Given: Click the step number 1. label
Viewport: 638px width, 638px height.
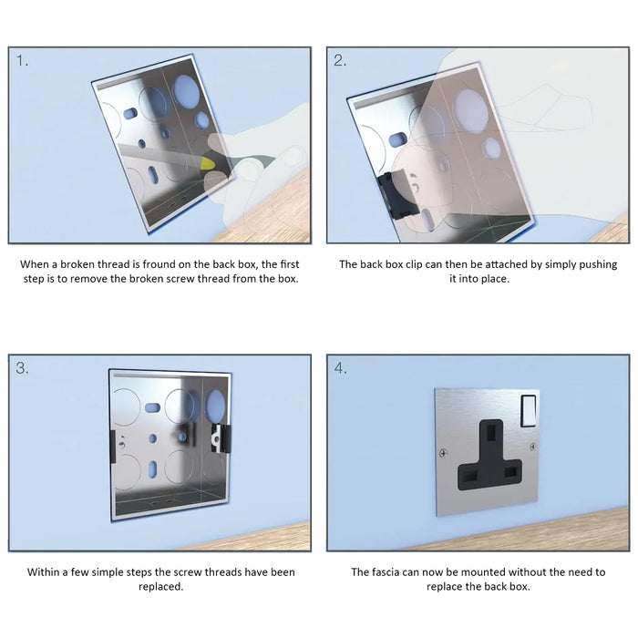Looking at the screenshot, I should [22, 61].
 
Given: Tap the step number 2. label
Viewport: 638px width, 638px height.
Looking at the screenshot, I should [340, 61].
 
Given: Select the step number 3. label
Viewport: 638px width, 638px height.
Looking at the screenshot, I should [22, 369].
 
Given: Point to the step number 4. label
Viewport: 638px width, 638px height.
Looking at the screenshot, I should [340, 369].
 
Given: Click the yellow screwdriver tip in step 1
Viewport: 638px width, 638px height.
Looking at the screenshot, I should [210, 162].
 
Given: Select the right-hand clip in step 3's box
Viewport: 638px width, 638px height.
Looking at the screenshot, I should [217, 437].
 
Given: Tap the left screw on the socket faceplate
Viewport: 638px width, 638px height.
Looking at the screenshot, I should [443, 453].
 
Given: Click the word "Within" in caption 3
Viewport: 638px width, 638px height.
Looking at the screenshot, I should [44, 572].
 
